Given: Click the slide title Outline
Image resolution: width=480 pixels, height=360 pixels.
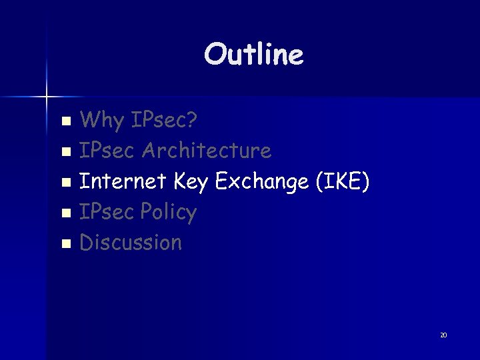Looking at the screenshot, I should click(x=253, y=54).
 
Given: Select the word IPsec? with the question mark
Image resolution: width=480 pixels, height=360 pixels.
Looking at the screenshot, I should click(x=163, y=121).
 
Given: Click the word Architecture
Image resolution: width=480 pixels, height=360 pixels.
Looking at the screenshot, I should click(x=208, y=151).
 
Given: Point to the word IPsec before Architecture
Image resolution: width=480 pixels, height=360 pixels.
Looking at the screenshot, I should click(x=109, y=151).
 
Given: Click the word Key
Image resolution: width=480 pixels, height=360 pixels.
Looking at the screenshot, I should click(x=191, y=182).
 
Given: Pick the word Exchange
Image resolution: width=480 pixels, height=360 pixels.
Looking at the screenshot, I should click(x=261, y=182).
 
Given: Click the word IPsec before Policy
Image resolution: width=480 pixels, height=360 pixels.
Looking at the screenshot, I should click(x=109, y=212).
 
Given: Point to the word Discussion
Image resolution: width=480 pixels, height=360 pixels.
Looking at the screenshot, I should click(x=131, y=242).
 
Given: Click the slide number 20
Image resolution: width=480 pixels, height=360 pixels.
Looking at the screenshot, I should click(x=443, y=335).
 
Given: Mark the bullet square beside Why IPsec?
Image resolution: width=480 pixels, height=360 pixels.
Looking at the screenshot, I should click(x=65, y=122).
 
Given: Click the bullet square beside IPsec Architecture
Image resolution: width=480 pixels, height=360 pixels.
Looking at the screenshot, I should click(x=65, y=153).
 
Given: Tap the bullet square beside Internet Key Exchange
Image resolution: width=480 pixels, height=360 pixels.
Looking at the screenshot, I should click(x=65, y=183).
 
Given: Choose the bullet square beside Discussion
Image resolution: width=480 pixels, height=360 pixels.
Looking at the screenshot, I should click(x=65, y=244).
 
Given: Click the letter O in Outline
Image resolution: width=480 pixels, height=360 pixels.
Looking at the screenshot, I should click(x=215, y=54).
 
